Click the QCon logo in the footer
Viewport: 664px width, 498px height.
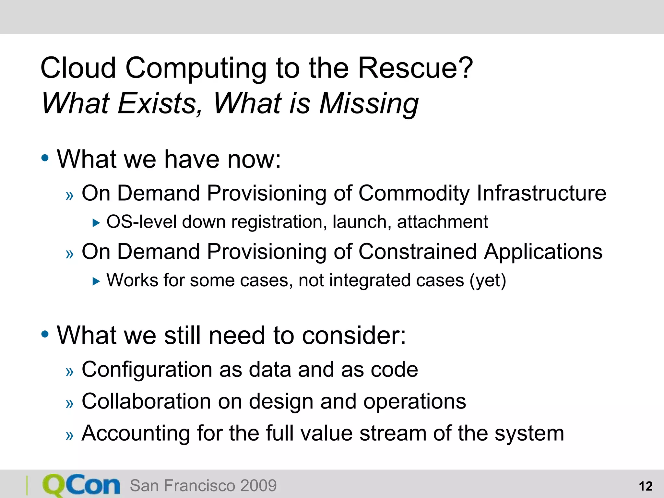pos(81,485)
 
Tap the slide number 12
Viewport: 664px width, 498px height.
pos(645,486)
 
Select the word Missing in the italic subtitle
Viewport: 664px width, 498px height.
pos(369,104)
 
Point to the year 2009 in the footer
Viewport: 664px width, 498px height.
pos(258,486)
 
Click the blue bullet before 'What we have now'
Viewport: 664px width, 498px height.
pos(45,158)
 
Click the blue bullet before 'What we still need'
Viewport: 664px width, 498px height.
pos(45,334)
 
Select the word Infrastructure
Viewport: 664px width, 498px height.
pos(541,194)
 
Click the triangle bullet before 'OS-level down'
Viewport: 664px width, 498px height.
pos(96,223)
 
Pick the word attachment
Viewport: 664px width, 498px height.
pos(443,222)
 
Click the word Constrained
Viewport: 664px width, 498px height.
pos(418,252)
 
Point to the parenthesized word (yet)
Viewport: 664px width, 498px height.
pos(488,281)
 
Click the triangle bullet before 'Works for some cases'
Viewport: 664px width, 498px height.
pos(96,281)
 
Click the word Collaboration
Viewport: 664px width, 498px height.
pos(146,401)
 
